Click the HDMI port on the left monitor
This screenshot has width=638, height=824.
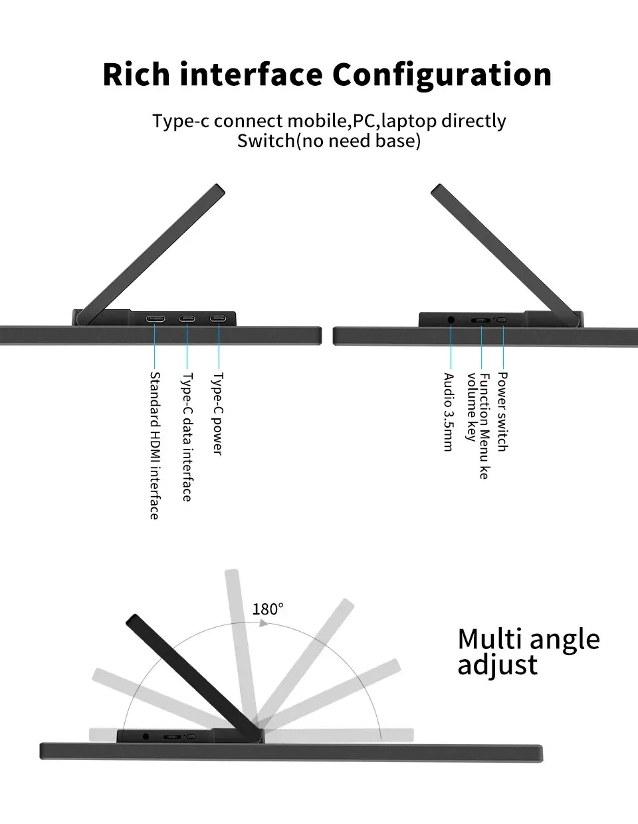[x=156, y=319]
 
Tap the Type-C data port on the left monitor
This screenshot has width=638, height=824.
[x=187, y=319]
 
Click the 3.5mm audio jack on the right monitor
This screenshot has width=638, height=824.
[x=452, y=320]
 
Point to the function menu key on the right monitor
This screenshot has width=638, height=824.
[x=480, y=320]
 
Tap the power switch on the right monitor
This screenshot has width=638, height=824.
[x=502, y=320]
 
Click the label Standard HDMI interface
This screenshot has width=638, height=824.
[x=154, y=445]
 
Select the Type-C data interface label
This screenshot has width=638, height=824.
[x=187, y=436]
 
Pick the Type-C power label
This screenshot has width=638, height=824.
[x=218, y=413]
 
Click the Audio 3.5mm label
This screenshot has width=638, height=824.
[x=449, y=412]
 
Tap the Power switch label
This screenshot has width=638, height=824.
[x=502, y=412]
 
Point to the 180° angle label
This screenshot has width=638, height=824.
[x=268, y=609]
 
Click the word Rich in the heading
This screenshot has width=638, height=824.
[x=138, y=74]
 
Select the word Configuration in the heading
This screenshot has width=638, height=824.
[x=442, y=74]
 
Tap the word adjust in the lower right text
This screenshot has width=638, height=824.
[x=497, y=666]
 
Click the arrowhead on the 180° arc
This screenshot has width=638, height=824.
[x=263, y=625]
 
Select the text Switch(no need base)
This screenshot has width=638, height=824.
[x=329, y=141]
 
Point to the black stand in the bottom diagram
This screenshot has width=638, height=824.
[x=193, y=672]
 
